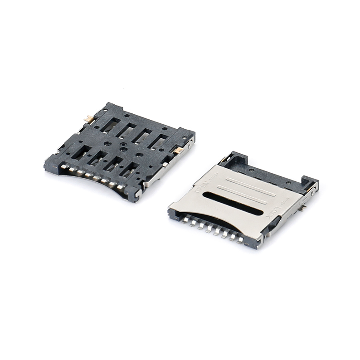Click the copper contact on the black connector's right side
click(x=179, y=150)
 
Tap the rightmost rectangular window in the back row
click(x=157, y=142)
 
